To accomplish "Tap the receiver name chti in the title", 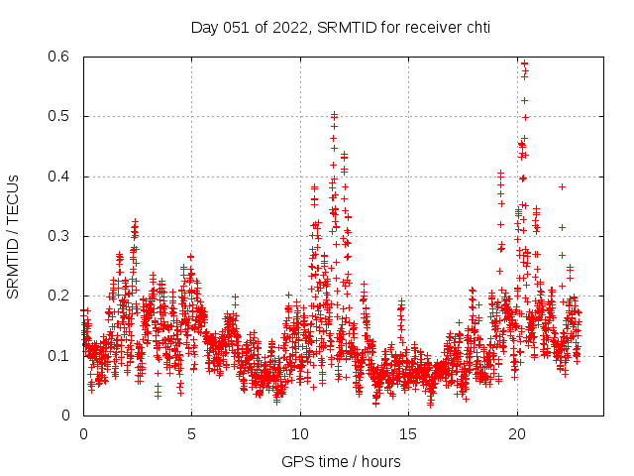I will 475,27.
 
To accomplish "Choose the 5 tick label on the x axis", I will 192,434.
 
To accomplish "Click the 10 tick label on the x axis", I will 300,434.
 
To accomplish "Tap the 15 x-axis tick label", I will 409,434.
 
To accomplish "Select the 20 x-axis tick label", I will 517,434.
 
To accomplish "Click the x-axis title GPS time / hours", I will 341,461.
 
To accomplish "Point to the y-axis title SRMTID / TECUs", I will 14,236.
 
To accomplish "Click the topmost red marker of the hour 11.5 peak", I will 334,115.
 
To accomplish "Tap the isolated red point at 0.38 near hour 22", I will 562,186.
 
